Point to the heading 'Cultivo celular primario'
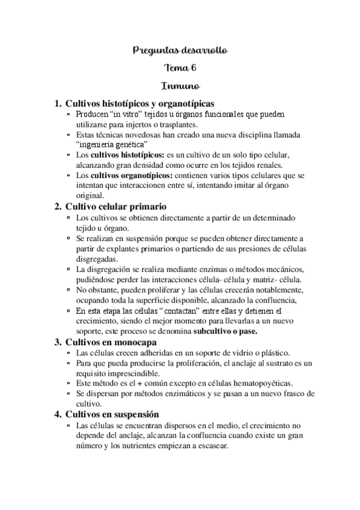114,206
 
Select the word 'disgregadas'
97,257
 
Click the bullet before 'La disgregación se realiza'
70,268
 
